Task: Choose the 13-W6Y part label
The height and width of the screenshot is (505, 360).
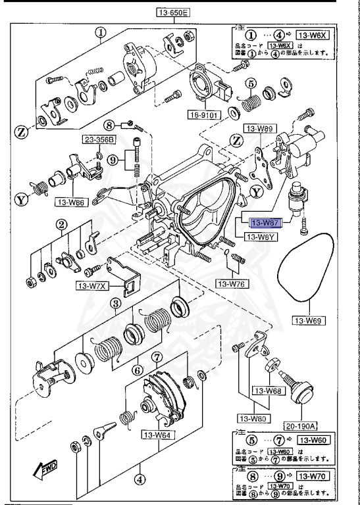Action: coord(261,237)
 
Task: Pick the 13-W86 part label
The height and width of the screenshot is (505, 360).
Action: coord(71,203)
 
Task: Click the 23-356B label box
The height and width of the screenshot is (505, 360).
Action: coord(98,139)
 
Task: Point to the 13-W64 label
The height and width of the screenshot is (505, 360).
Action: coord(156,434)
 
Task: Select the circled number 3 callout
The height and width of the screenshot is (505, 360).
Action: coord(115,303)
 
